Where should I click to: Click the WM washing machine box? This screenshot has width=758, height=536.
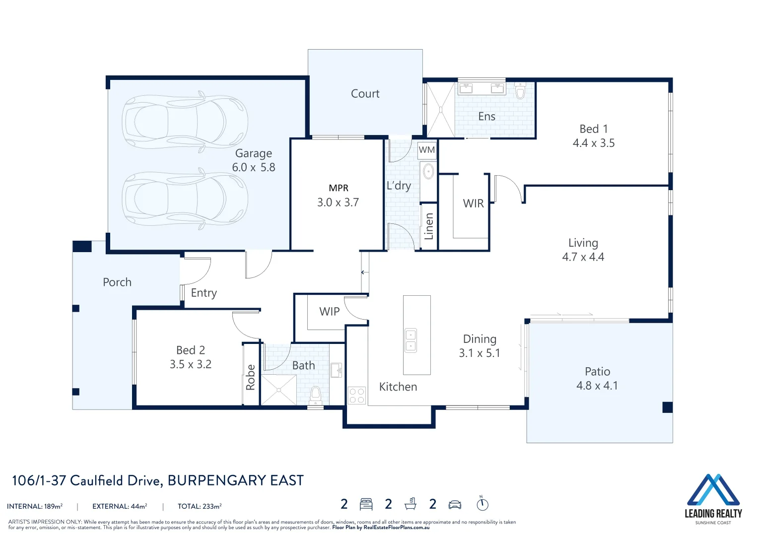[427, 149]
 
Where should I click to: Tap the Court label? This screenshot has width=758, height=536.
[365, 94]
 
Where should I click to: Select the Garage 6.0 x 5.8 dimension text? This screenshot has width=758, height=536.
[254, 167]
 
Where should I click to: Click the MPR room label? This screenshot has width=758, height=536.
[339, 188]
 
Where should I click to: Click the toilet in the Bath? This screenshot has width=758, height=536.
[315, 395]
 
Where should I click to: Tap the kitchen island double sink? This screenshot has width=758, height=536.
[411, 340]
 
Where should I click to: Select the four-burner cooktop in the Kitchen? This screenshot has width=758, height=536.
[357, 396]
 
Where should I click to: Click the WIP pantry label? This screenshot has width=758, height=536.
[329, 311]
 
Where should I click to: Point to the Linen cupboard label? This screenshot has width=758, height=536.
[429, 226]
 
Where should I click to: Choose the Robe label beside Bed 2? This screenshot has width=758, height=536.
[250, 377]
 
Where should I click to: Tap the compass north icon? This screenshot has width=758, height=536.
[482, 504]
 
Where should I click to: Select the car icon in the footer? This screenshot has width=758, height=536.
[455, 505]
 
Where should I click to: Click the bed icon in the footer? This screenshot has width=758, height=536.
[366, 504]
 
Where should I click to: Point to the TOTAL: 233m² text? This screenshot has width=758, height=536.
[200, 506]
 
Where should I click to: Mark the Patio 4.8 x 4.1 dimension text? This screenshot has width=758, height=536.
[597, 386]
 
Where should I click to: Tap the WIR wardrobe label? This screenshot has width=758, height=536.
[474, 203]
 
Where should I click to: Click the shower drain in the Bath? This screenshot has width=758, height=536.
[279, 390]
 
